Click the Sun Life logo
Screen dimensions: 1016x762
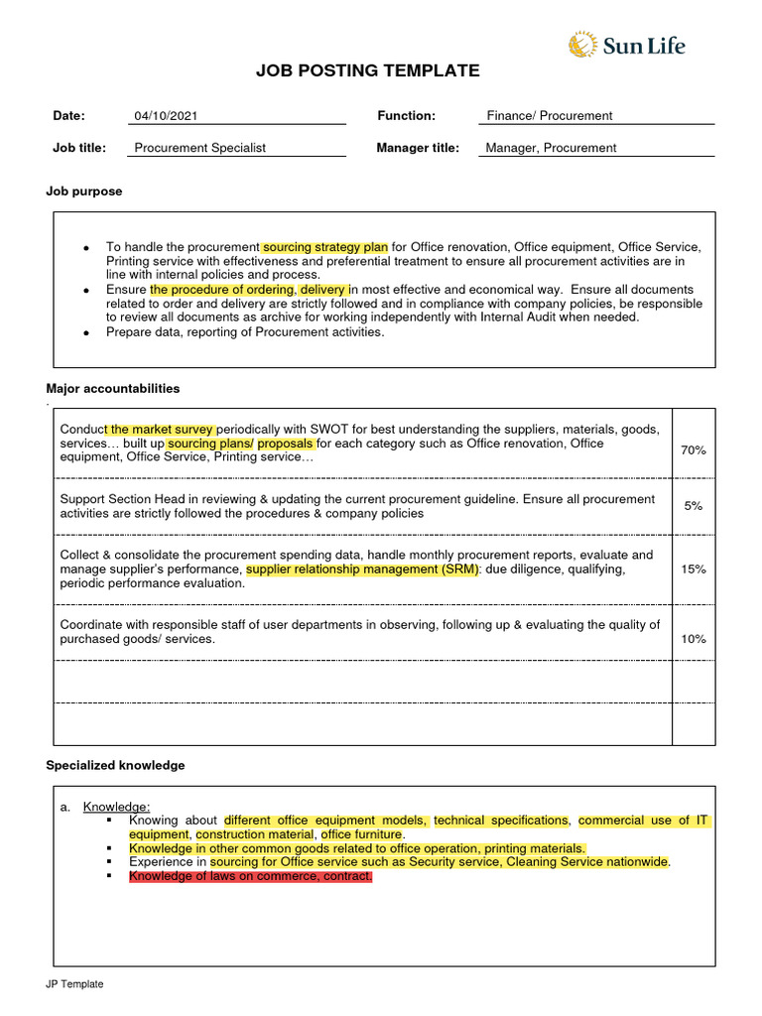pos(626,45)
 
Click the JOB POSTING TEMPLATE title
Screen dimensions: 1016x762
pos(367,71)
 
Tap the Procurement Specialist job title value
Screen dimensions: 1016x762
pos(199,148)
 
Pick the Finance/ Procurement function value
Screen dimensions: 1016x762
pos(549,116)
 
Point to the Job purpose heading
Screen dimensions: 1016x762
pos(84,191)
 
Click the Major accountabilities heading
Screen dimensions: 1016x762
pos(113,389)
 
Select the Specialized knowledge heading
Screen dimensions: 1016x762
pos(115,766)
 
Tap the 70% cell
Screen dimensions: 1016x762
pos(693,450)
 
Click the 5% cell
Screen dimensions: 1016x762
pos(693,506)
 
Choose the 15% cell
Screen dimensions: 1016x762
pos(693,570)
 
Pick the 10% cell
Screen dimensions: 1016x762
pos(693,639)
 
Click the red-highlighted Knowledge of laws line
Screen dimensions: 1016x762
pos(250,877)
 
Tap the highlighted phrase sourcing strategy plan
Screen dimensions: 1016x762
pos(324,247)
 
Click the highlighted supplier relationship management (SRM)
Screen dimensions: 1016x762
pos(362,570)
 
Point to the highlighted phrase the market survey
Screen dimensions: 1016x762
pos(162,430)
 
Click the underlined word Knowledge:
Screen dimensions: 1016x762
pos(116,807)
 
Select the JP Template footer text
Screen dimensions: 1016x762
pos(74,984)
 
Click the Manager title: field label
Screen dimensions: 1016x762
pos(418,148)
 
